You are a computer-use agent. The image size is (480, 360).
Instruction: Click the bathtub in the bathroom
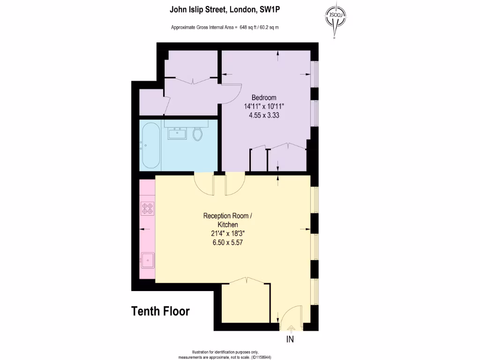150,145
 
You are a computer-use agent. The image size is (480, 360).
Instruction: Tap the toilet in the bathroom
197,134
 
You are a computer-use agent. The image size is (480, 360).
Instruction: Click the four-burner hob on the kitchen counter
148,208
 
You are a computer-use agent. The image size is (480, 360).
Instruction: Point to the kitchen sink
148,259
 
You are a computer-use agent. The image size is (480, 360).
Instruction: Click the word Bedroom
264,97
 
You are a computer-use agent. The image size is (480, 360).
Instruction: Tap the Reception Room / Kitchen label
228,220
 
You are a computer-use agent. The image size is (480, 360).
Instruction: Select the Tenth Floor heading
160,311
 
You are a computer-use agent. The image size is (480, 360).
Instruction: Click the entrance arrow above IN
290,329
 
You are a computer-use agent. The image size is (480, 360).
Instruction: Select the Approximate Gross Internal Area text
225,27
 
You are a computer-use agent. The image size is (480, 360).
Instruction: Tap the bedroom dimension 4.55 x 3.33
264,115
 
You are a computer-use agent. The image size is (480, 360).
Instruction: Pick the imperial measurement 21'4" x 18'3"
228,234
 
